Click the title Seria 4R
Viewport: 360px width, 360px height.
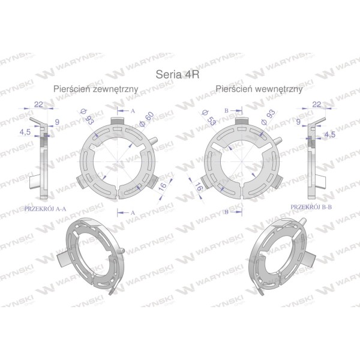(178, 74)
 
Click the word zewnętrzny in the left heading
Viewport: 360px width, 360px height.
(115, 89)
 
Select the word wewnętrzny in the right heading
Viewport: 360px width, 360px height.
(278, 89)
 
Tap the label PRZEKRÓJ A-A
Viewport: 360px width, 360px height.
(45, 209)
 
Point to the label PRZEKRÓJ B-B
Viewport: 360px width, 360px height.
(311, 207)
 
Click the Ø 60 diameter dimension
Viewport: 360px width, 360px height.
(146, 119)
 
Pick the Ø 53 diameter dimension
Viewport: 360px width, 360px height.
(209, 118)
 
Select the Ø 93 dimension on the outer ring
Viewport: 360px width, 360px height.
(87, 117)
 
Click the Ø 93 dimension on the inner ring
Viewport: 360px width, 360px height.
(268, 117)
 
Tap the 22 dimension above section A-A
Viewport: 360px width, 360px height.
(38, 104)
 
